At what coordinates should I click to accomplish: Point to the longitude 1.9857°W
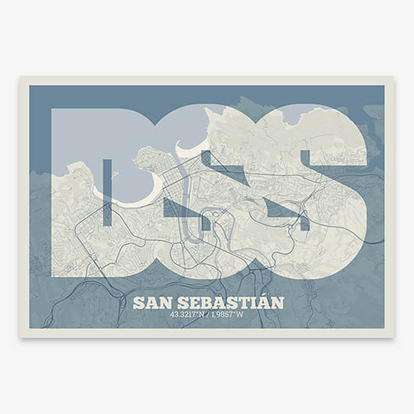(x=232, y=315)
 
